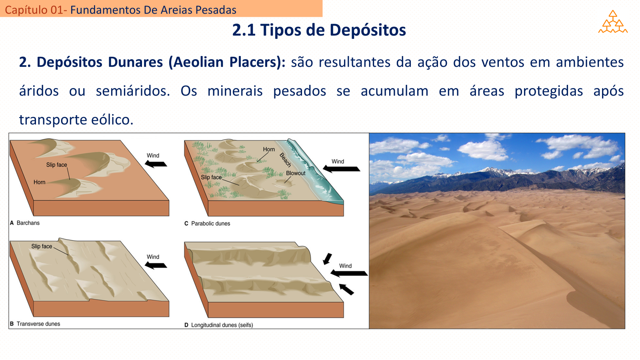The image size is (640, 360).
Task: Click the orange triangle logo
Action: (612, 22)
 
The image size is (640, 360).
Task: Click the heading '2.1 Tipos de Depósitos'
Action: (319, 30)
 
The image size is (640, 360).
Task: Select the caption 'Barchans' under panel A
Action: (28, 223)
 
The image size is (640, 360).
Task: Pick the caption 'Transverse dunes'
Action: (38, 324)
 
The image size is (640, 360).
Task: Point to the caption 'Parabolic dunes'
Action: (210, 224)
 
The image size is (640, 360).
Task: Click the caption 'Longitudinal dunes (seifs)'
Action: (222, 325)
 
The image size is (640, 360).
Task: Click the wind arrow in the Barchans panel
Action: (156, 164)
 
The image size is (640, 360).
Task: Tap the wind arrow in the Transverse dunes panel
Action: (156, 266)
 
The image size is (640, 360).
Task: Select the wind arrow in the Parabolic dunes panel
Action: (342, 169)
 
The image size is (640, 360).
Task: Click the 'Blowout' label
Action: (296, 173)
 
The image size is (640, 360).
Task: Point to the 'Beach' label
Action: (285, 160)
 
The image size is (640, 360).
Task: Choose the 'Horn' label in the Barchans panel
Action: (40, 182)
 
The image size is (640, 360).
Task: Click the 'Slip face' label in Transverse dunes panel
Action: (42, 246)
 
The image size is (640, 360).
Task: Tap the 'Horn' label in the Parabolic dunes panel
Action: (269, 149)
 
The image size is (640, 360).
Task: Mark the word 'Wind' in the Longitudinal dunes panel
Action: (346, 266)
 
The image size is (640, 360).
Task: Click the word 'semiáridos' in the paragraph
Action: (133, 91)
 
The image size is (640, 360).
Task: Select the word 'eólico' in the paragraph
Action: (112, 120)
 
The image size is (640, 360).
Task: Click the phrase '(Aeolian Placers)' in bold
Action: (227, 62)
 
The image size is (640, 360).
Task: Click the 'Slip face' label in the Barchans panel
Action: (56, 165)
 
